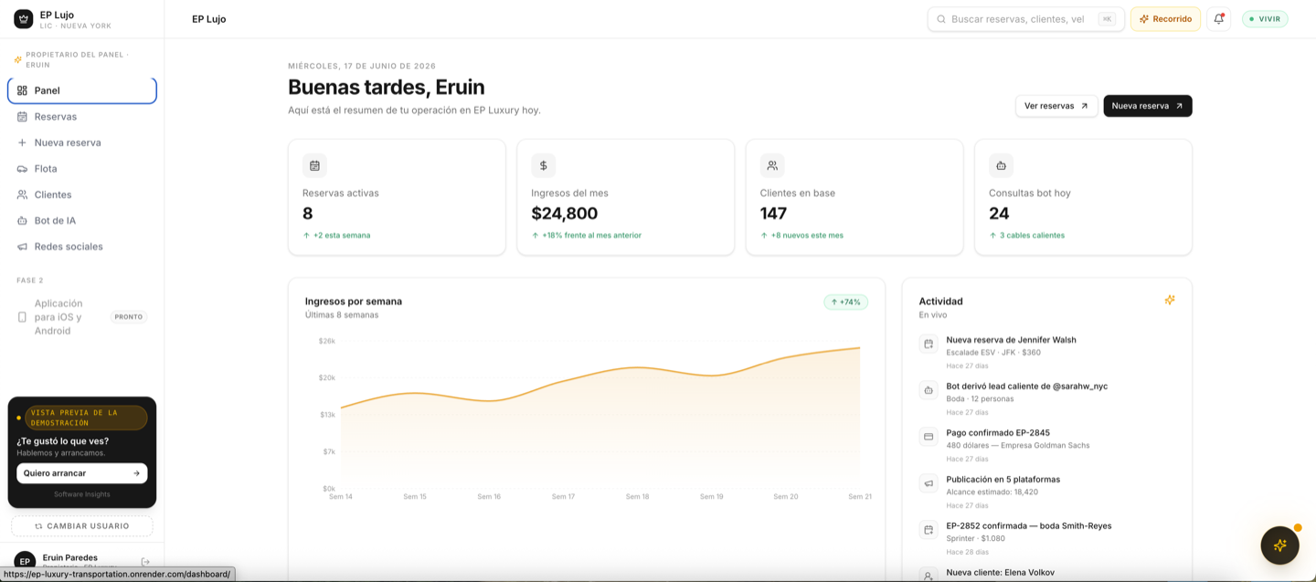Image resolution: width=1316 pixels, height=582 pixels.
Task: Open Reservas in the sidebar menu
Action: (x=55, y=116)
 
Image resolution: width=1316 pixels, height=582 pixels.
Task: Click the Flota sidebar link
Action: (x=46, y=168)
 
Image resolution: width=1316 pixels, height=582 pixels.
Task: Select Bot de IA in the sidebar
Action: (x=55, y=220)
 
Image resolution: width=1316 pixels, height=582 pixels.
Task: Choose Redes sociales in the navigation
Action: (x=69, y=246)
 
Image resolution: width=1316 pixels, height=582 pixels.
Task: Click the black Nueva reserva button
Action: (x=1148, y=106)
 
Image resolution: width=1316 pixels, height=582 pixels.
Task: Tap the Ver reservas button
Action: (x=1056, y=106)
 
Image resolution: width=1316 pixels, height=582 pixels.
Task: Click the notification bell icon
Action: (x=1219, y=19)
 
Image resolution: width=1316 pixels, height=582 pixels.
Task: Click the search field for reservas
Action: (x=1025, y=19)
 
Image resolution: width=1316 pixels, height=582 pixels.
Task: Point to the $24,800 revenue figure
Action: (x=564, y=213)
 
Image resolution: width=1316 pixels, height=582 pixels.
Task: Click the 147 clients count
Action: (x=773, y=213)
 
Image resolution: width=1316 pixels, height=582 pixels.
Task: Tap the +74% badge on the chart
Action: (x=845, y=302)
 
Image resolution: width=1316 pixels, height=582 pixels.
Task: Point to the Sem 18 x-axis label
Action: (x=638, y=497)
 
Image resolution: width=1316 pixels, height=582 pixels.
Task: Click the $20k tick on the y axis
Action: (x=326, y=377)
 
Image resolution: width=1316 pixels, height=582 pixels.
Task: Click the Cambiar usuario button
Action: (x=82, y=526)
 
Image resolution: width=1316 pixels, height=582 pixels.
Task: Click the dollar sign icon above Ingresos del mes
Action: (x=544, y=165)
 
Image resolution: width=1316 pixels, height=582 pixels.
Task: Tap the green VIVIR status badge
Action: (x=1265, y=19)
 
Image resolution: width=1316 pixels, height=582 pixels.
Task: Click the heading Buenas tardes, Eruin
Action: (x=386, y=87)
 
